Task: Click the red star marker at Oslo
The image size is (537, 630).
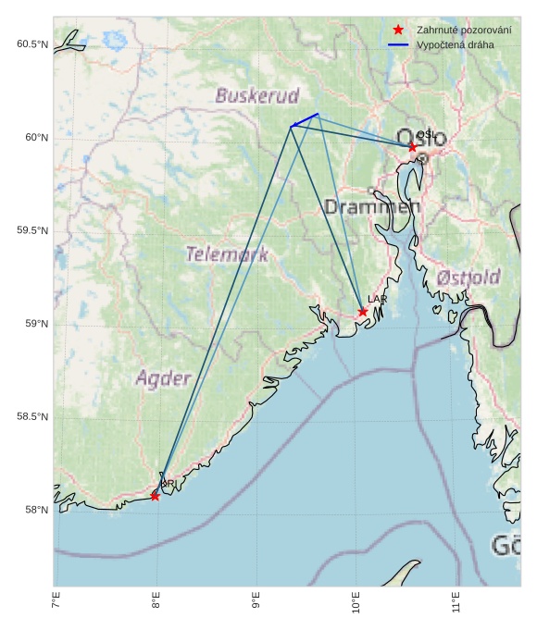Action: click(412, 147)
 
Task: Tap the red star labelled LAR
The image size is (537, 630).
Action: click(363, 312)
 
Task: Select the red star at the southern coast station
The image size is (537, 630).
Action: click(155, 497)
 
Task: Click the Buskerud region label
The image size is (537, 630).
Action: click(257, 95)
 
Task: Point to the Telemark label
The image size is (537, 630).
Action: click(227, 254)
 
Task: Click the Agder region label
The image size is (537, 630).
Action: click(163, 378)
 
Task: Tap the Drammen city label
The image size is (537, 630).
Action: click(372, 207)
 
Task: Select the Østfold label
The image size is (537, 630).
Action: click(468, 278)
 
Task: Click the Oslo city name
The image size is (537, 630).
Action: click(422, 139)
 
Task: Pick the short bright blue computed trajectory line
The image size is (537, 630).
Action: click(305, 119)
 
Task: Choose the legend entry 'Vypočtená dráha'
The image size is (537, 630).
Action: click(456, 44)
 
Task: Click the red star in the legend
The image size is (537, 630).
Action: click(398, 31)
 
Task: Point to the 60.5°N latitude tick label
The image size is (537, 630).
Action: click(31, 44)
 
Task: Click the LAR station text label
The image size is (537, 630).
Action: click(377, 300)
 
